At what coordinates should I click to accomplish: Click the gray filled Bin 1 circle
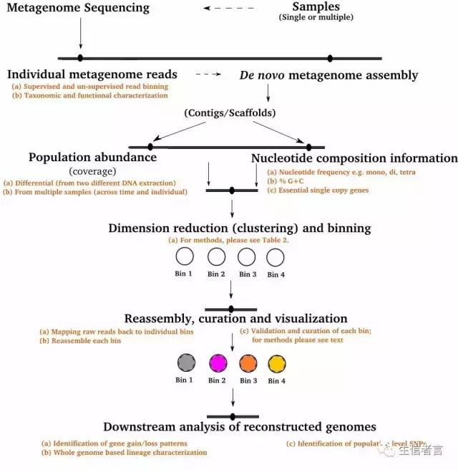pos(185,363)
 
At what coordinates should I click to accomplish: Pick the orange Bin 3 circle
pos(247,363)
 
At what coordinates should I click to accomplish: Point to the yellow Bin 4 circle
pos(276,363)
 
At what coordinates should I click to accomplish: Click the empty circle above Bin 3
pos(247,256)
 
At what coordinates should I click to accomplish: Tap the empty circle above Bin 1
pos(185,256)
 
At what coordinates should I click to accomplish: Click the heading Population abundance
pos(92,158)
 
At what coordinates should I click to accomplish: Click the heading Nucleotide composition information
pos(354,158)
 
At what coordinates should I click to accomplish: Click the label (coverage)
pos(92,171)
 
